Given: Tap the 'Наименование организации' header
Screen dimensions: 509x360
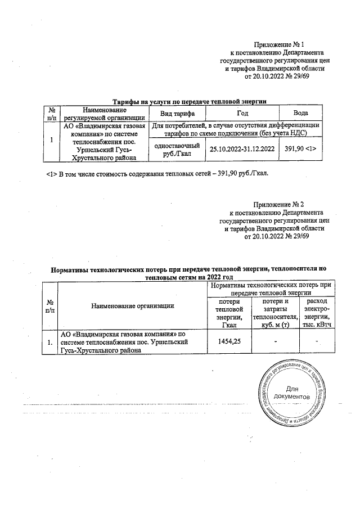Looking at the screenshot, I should tap(133, 305).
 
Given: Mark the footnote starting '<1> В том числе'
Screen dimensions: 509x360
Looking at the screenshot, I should tap(158, 172).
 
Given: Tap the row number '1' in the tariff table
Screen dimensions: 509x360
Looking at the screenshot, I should tap(52, 141).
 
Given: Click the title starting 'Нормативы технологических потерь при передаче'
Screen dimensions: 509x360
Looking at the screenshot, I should tap(189, 273).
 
